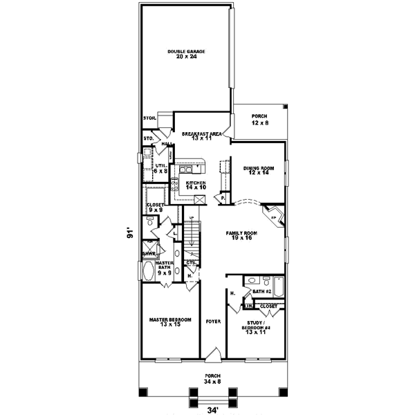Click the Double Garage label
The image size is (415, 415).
[185, 51]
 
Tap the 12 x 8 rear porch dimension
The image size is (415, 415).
[259, 122]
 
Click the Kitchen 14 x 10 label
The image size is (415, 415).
[196, 185]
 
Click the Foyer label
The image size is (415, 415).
[213, 322]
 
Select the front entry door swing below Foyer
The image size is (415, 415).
[213, 355]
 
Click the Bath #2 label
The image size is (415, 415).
[260, 292]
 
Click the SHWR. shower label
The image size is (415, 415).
[148, 254]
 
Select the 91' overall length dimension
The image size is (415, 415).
[129, 234]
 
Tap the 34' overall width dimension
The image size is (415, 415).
[212, 408]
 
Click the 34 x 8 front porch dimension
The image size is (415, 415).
[212, 380]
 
